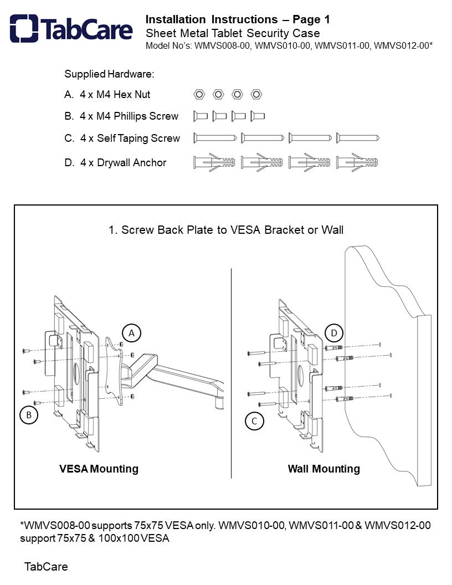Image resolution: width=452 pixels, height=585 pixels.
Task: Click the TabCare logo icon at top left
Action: [x=24, y=29]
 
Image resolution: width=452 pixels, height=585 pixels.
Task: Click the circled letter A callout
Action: [x=132, y=333]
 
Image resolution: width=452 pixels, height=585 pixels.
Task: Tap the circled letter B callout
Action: [x=28, y=414]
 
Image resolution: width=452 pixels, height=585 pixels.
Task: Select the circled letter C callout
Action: [x=254, y=421]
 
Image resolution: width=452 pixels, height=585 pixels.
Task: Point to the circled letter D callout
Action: [x=334, y=333]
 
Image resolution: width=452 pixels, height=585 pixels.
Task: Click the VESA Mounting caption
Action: [x=99, y=469]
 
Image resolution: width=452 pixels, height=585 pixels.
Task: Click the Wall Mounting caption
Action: [x=323, y=469]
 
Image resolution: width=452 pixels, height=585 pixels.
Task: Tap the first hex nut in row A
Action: [x=199, y=94]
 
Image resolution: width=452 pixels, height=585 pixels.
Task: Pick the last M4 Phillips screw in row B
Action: [x=258, y=116]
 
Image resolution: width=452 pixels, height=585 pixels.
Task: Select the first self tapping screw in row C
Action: [x=215, y=138]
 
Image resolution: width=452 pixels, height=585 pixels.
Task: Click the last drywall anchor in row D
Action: [x=358, y=162]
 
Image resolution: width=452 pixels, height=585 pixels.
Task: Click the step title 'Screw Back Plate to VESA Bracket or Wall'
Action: [x=226, y=229]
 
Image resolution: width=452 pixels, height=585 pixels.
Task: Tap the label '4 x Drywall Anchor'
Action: [x=123, y=163]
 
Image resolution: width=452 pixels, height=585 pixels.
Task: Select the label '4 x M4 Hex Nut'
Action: [x=115, y=95]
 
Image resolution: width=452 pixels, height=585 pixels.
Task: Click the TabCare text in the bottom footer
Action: [x=46, y=567]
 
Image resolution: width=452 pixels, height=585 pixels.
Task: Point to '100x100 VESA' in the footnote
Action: [x=133, y=538]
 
